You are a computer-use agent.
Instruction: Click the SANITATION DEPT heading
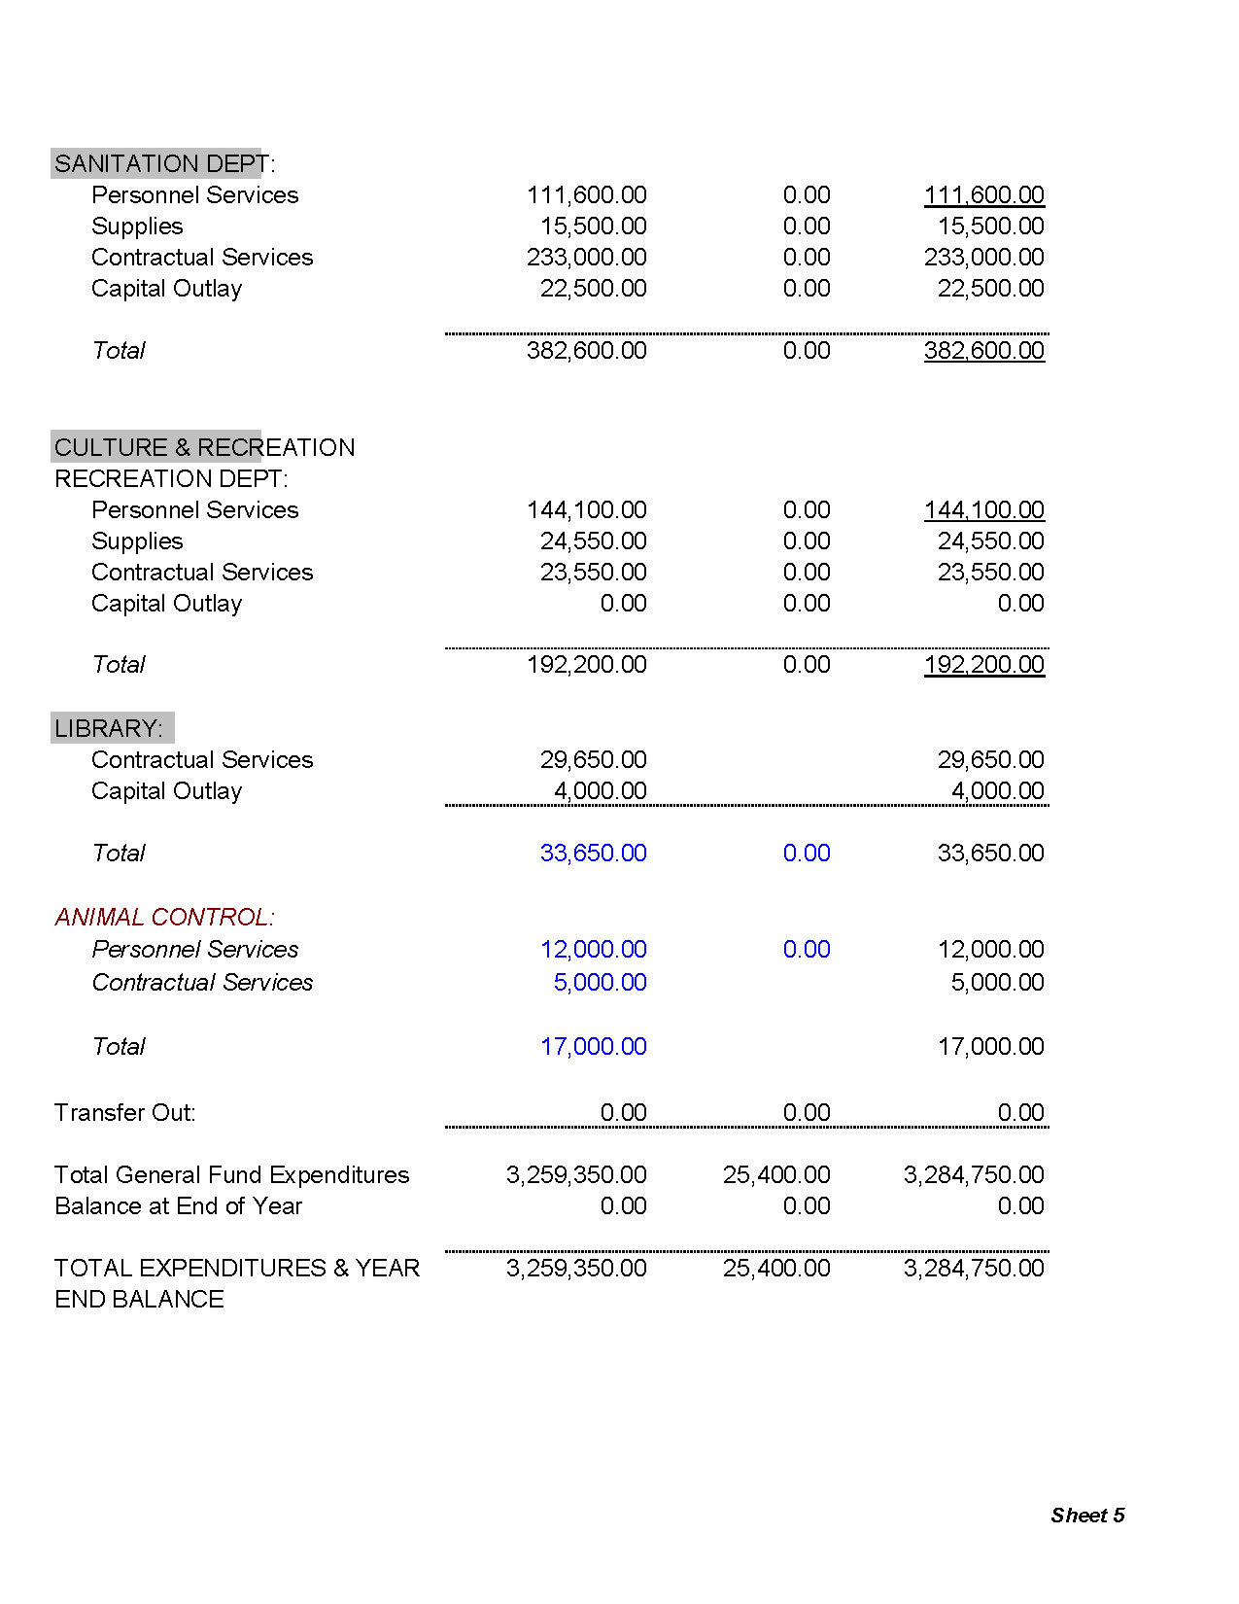click(163, 163)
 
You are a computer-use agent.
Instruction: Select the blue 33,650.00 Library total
click(593, 853)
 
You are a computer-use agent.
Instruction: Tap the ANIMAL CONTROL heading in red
click(164, 917)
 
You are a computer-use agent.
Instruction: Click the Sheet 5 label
click(1087, 1515)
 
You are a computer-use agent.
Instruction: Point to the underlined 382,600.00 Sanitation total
click(983, 350)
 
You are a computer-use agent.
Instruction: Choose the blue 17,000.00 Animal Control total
click(593, 1046)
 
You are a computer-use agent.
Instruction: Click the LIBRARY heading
click(109, 728)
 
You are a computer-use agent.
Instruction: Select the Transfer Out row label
click(124, 1112)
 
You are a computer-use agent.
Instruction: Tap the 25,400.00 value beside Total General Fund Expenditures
click(776, 1174)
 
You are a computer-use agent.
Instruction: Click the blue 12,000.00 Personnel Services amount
click(593, 949)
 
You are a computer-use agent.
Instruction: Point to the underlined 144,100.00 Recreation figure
click(983, 509)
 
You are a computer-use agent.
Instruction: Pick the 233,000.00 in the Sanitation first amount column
click(586, 257)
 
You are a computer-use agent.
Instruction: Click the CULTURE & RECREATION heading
click(204, 447)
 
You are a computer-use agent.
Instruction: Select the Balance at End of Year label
click(178, 1205)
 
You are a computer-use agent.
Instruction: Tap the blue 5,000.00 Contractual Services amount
click(600, 982)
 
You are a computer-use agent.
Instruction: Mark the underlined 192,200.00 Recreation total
click(983, 664)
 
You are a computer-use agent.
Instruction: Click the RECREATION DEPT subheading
click(171, 478)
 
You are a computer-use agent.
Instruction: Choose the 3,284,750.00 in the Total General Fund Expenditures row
click(974, 1174)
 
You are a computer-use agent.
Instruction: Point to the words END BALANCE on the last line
click(139, 1299)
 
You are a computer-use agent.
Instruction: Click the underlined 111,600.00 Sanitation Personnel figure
click(983, 194)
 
